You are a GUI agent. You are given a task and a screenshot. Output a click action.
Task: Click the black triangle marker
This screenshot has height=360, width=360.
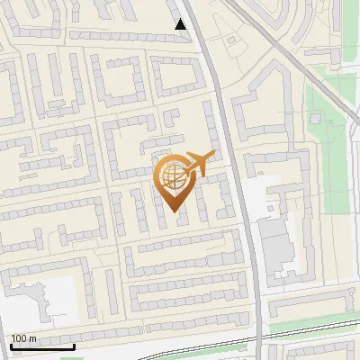click(182, 24)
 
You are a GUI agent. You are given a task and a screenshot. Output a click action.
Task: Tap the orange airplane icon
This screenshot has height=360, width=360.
click(197, 164)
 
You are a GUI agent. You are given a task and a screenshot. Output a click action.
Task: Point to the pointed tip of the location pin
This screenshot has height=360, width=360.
click(174, 212)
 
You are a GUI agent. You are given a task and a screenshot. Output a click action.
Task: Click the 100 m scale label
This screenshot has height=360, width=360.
click(23, 338)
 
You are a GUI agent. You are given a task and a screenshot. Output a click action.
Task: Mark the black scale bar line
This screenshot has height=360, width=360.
click(42, 346)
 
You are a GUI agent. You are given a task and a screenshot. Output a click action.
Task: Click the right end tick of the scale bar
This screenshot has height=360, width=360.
click(74, 345)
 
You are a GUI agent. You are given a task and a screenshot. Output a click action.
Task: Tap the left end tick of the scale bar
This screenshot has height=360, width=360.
click(11, 345)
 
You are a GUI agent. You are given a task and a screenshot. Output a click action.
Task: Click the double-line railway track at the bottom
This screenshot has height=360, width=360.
click(180, 339)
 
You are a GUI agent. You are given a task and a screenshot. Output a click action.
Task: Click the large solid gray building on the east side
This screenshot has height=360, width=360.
click(274, 243)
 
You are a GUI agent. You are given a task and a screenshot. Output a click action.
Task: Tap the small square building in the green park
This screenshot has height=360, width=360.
click(317, 118)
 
